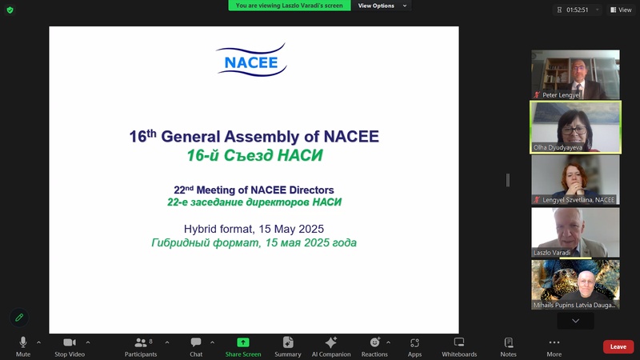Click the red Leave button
pyautogui.click(x=618, y=346)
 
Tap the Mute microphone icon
pyautogui.click(x=23, y=342)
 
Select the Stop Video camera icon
pyautogui.click(x=70, y=342)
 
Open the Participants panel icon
pyautogui.click(x=141, y=342)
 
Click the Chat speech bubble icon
pyautogui.click(x=196, y=342)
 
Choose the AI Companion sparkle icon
pyautogui.click(x=331, y=342)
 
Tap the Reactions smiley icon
pyautogui.click(x=374, y=342)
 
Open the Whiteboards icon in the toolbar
pyautogui.click(x=459, y=342)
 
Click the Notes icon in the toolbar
pyautogui.click(x=509, y=342)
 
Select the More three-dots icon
pyautogui.click(x=554, y=342)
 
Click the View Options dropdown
pyautogui.click(x=382, y=6)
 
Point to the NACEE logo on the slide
pyautogui.click(x=251, y=60)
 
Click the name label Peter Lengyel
pyautogui.click(x=562, y=95)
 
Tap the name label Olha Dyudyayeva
pyautogui.click(x=558, y=148)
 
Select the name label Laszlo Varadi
pyautogui.click(x=552, y=253)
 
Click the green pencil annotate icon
pyautogui.click(x=19, y=318)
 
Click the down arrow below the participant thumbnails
pyautogui.click(x=575, y=321)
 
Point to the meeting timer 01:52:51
pyautogui.click(x=577, y=10)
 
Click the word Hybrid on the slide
pyautogui.click(x=198, y=229)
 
